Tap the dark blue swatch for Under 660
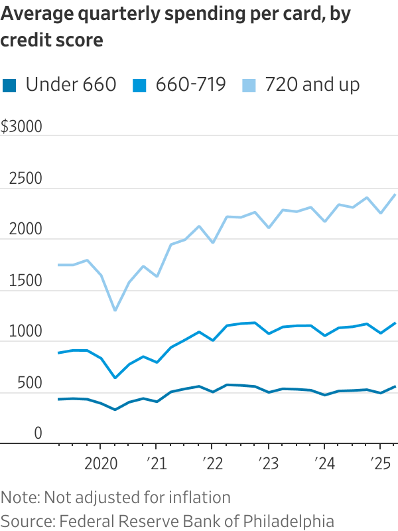(9, 85)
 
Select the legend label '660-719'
(191, 85)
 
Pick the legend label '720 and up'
(312, 85)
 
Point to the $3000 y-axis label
(21, 127)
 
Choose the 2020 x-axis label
(101, 463)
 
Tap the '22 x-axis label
(212, 463)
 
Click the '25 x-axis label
(379, 463)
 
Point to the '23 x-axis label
(268, 463)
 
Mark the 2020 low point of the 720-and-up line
(115, 310)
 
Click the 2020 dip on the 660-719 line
(115, 378)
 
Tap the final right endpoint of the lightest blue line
(395, 194)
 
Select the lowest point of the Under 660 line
(115, 410)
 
